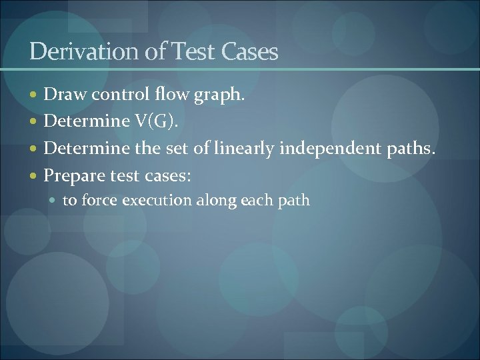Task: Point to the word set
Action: click(x=178, y=149)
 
